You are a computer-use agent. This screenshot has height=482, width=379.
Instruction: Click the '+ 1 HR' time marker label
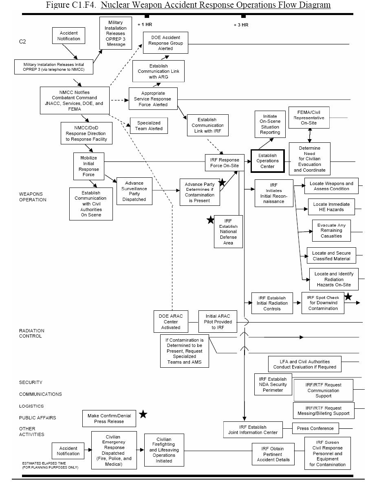pyautogui.click(x=145, y=24)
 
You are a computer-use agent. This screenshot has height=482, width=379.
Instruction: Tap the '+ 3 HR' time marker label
pyautogui.click(x=241, y=25)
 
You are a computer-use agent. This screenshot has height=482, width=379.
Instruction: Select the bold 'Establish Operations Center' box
pyautogui.click(x=267, y=161)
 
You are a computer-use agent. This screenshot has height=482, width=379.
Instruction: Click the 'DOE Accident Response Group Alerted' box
pyautogui.click(x=165, y=43)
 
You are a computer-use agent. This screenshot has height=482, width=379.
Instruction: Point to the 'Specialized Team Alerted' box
pyautogui.click(x=149, y=126)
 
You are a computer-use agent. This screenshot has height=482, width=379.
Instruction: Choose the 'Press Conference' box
pyautogui.click(x=315, y=428)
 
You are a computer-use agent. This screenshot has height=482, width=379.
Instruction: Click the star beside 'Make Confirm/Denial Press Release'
pyautogui.click(x=143, y=414)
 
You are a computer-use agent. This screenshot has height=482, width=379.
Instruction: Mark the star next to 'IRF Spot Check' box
pyautogui.click(x=348, y=297)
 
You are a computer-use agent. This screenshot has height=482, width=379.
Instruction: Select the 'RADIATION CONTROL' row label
pyautogui.click(x=31, y=333)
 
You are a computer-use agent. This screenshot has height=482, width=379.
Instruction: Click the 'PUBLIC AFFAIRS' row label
pyautogui.click(x=37, y=418)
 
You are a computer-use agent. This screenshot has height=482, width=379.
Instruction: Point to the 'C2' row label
pyautogui.click(x=22, y=42)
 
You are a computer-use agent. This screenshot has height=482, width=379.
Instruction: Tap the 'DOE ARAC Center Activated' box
pyautogui.click(x=171, y=322)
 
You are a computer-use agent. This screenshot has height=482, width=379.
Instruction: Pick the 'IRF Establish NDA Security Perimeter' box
pyautogui.click(x=273, y=384)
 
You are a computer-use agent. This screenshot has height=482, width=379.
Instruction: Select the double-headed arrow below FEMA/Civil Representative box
pyautogui.click(x=310, y=135)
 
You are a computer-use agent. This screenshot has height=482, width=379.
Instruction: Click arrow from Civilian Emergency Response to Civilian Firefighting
pyautogui.click(x=140, y=450)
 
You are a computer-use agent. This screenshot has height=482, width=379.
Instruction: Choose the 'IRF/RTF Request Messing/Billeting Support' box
pyautogui.click(x=323, y=411)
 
